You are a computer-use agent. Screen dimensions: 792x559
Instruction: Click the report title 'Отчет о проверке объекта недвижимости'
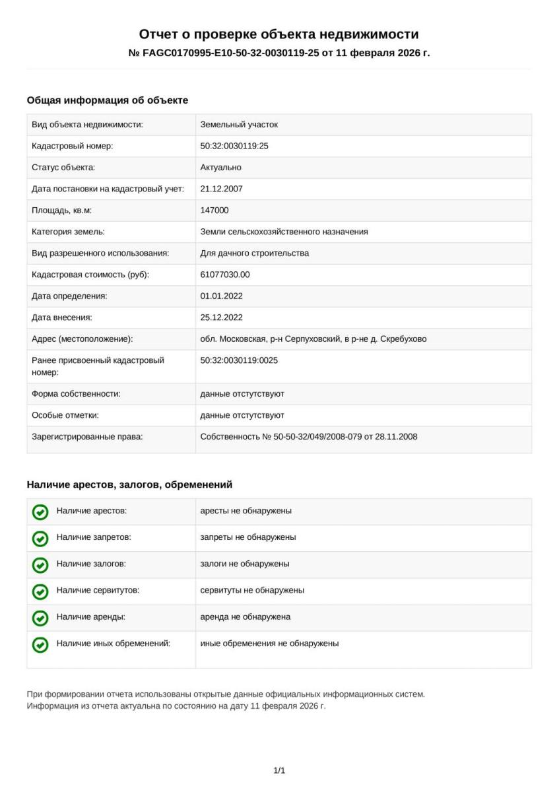pyautogui.click(x=279, y=34)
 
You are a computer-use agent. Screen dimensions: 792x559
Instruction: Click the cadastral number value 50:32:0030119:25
pyautogui.click(x=234, y=146)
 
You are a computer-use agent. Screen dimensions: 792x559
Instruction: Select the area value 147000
pyautogui.click(x=214, y=211)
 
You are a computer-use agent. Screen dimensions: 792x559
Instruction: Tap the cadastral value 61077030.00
pyautogui.click(x=225, y=275)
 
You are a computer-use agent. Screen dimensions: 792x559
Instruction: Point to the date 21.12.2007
pyautogui.click(x=221, y=189)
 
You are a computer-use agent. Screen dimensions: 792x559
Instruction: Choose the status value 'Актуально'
pyautogui.click(x=220, y=168)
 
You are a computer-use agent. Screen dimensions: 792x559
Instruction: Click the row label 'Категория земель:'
pyautogui.click(x=69, y=232)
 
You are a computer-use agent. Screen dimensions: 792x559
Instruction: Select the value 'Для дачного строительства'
pyautogui.click(x=254, y=253)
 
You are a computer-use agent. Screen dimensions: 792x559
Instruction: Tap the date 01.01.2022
pyautogui.click(x=221, y=296)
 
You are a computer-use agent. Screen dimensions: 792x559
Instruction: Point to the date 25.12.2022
pyautogui.click(x=221, y=317)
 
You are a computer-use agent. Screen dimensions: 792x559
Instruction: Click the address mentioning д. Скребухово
pyautogui.click(x=313, y=339)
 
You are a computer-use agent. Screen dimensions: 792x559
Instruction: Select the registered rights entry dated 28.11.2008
pyautogui.click(x=308, y=436)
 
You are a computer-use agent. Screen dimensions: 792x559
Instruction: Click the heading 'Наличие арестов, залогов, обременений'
pyautogui.click(x=129, y=484)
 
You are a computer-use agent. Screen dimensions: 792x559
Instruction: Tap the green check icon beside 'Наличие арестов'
pyautogui.click(x=40, y=511)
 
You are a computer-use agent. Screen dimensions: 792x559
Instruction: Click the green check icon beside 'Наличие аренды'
pyautogui.click(x=40, y=618)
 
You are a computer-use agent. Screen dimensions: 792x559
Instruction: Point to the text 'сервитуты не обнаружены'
pyautogui.click(x=252, y=590)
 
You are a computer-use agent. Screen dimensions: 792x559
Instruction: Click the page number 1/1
pyautogui.click(x=279, y=770)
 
